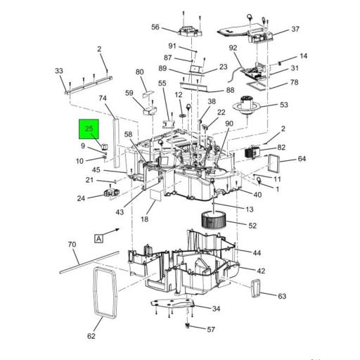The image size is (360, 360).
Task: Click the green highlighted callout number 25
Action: (x=89, y=129)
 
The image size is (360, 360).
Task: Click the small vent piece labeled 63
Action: (x=257, y=288)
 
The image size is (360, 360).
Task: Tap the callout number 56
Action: (x=155, y=27)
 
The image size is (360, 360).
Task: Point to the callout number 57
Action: (x=212, y=330)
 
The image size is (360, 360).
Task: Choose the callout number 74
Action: (x=103, y=99)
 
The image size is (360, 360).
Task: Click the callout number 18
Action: (x=144, y=220)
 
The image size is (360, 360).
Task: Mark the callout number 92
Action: (x=233, y=49)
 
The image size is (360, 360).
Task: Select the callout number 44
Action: (x=257, y=252)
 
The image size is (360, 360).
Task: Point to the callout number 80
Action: (x=139, y=72)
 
